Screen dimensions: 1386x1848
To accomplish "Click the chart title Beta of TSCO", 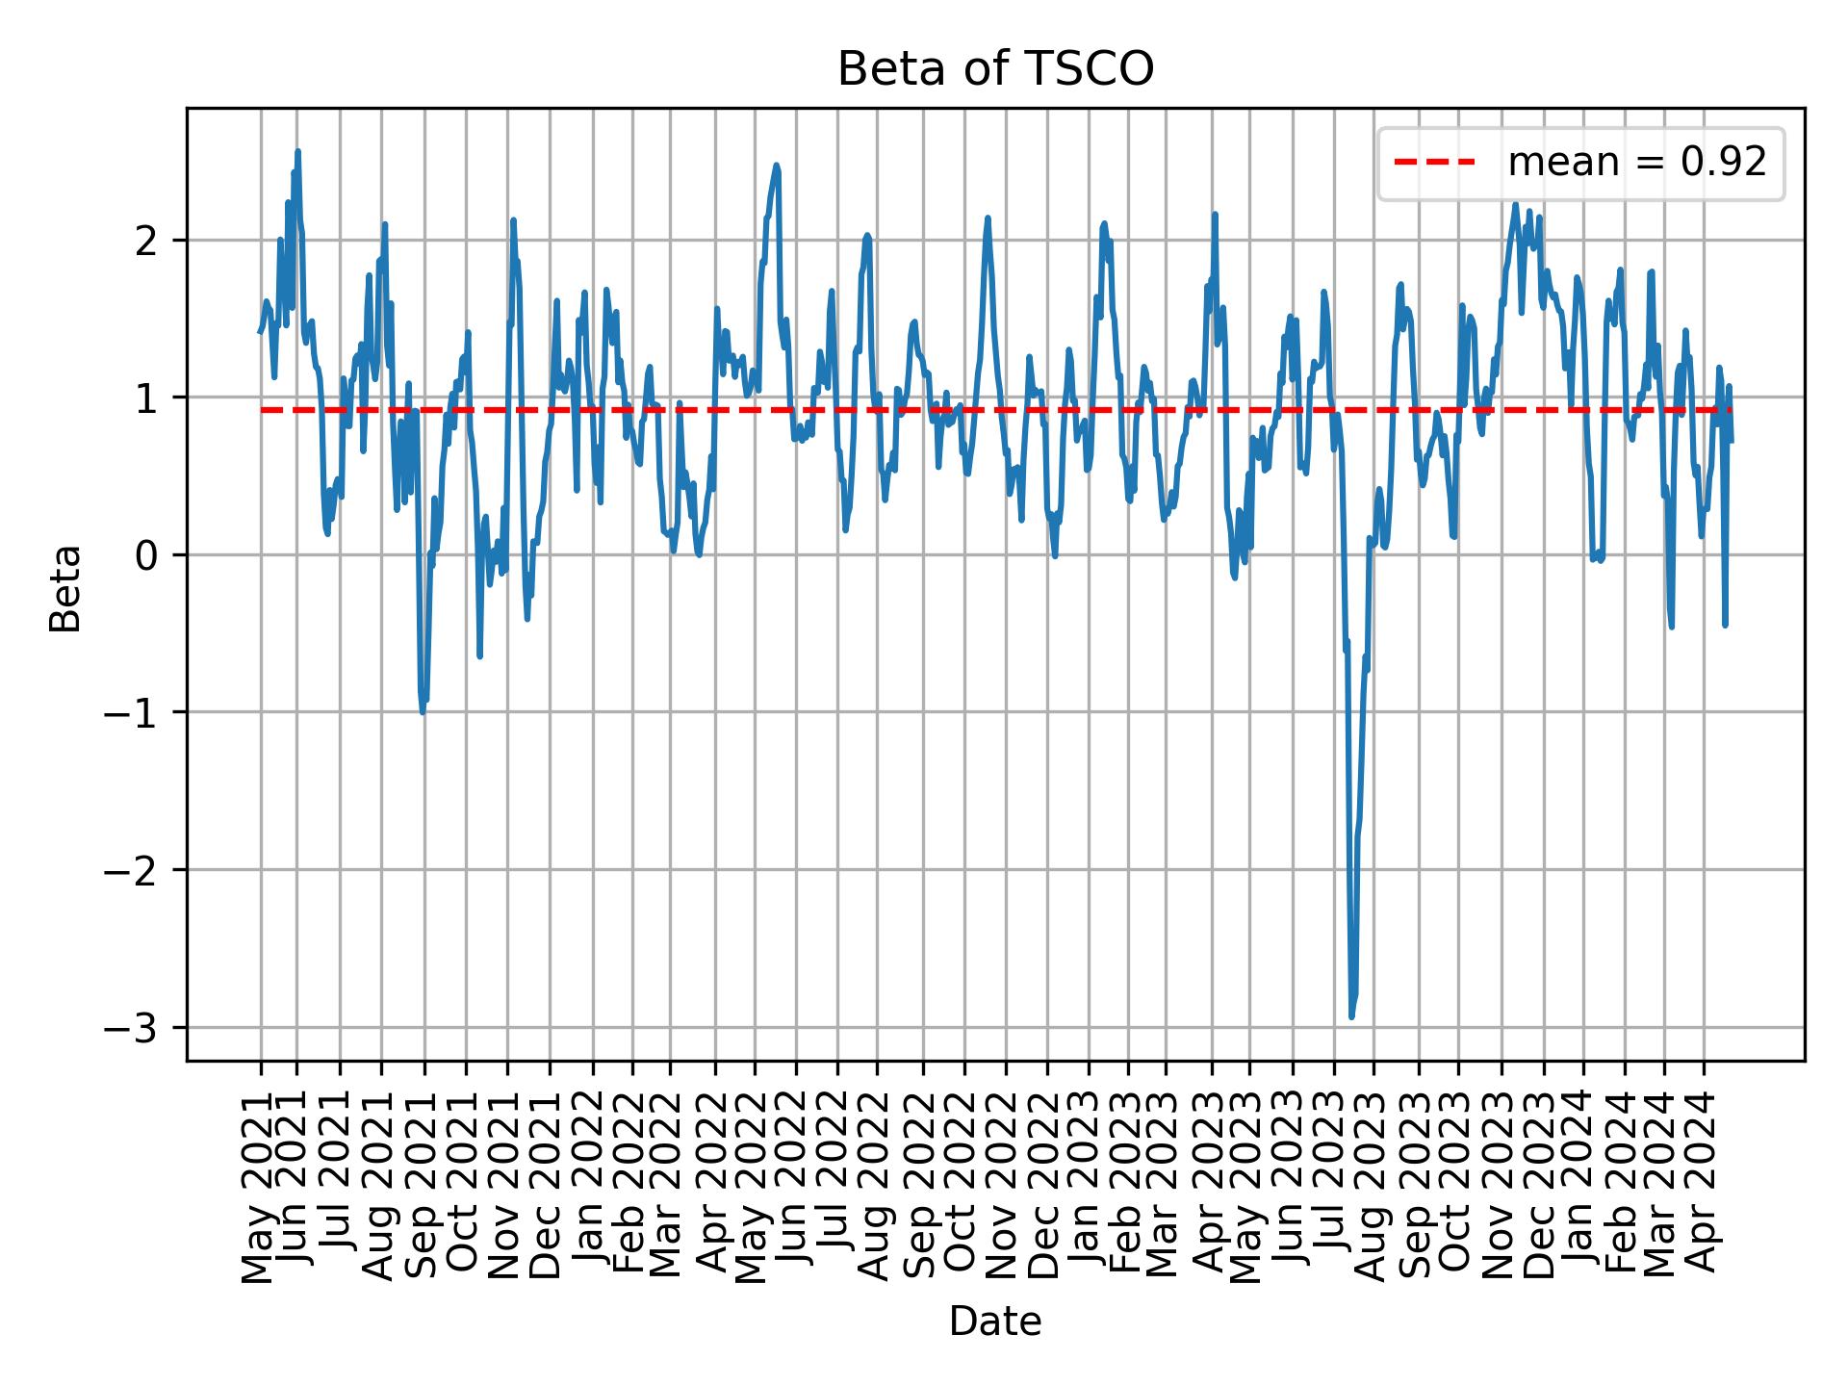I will tap(995, 69).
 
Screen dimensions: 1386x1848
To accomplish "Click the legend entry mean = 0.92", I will tap(1636, 163).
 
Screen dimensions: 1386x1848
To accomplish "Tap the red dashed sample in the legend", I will tap(1434, 163).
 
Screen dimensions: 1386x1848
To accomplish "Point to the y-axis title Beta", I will tap(65, 588).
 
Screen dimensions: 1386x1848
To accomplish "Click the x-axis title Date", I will tap(995, 1322).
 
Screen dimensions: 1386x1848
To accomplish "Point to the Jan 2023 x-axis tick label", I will tap(1089, 1180).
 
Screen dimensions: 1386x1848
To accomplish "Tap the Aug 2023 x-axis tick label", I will tap(1373, 1180).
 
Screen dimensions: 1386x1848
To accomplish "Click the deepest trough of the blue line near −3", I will tap(1351, 1016).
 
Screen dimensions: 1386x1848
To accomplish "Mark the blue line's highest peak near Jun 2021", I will tap(297, 151).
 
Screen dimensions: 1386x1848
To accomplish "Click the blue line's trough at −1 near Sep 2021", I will tap(423, 711).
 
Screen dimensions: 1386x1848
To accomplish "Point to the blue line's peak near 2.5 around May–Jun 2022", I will tap(776, 166).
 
